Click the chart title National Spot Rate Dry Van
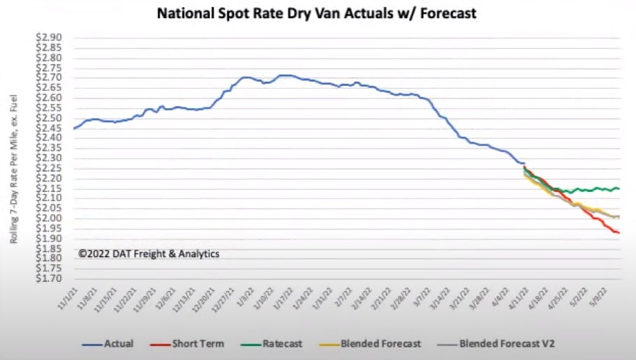point(318,13)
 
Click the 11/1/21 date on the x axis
point(68,299)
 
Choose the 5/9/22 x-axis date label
point(608,299)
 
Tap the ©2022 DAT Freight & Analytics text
point(148,254)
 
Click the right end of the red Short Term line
point(619,232)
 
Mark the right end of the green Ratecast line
point(619,189)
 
